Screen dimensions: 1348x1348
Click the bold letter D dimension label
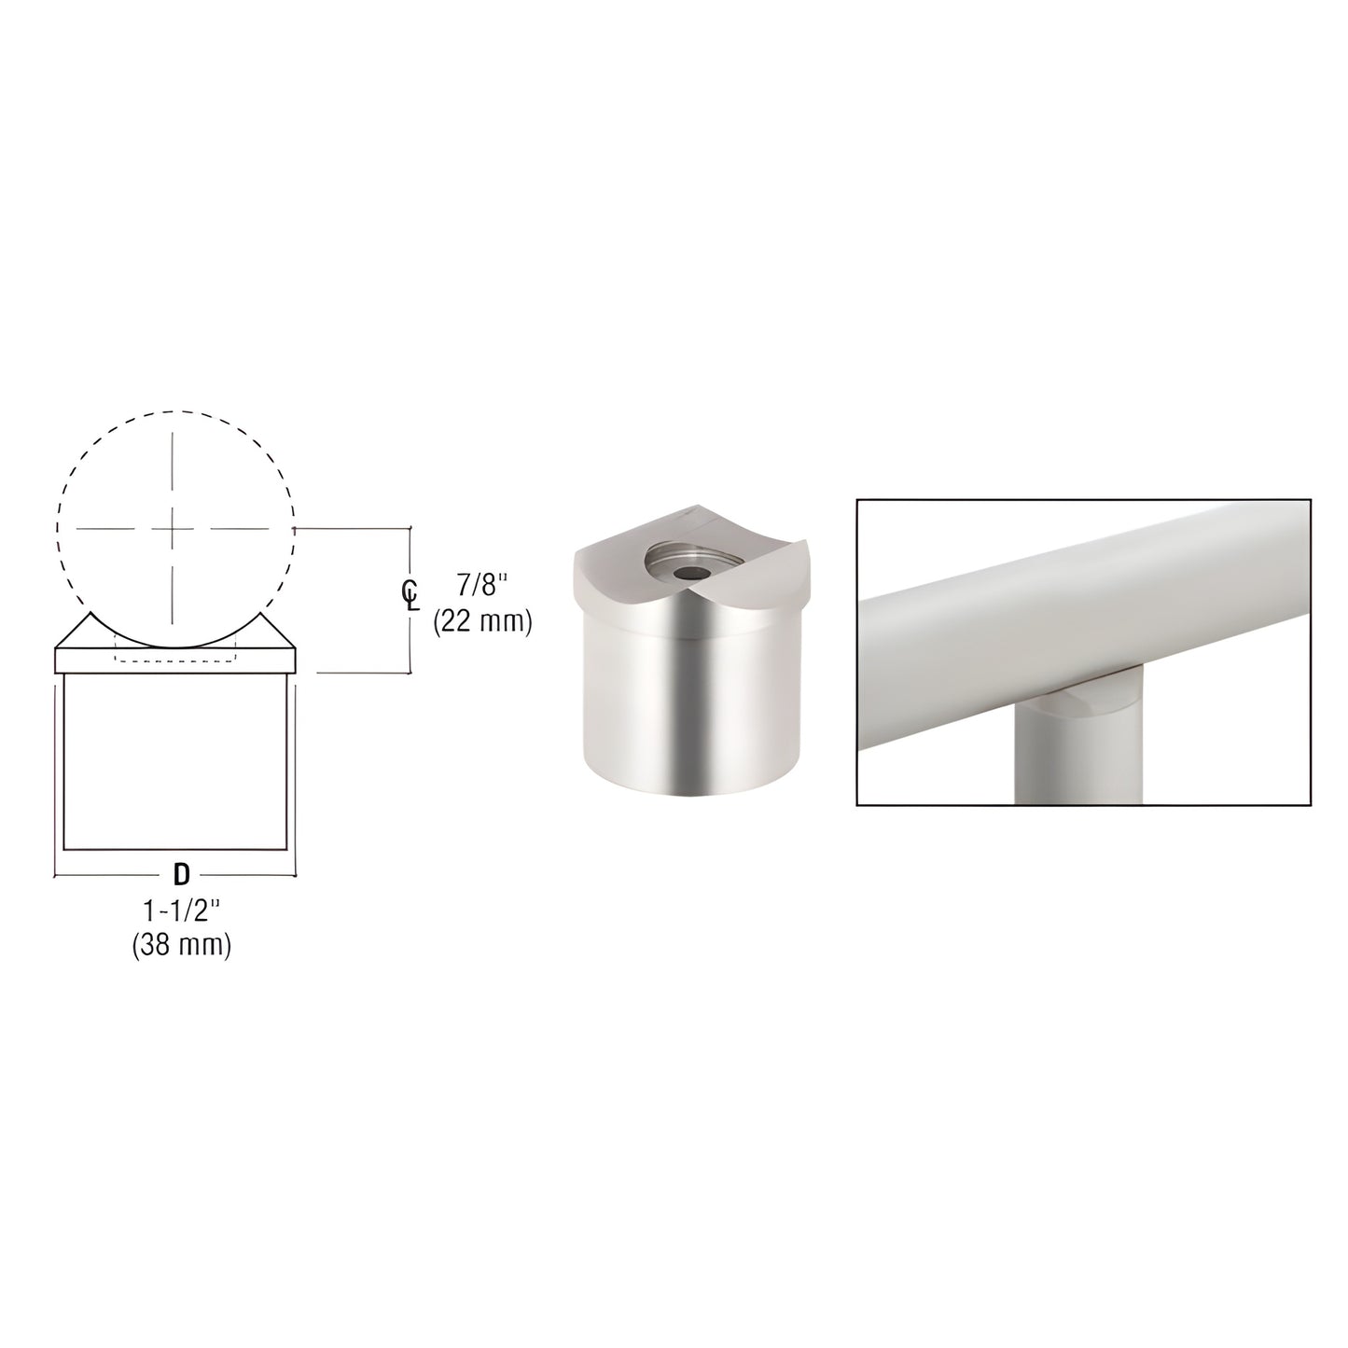pyautogui.click(x=181, y=874)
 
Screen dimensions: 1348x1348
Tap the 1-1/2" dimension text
pyautogui.click(x=182, y=911)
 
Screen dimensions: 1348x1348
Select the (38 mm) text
pyautogui.click(x=181, y=946)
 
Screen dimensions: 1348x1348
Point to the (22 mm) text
pyautogui.click(x=482, y=620)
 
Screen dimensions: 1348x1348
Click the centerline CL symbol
pyautogui.click(x=410, y=595)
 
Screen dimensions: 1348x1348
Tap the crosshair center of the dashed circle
pyautogui.click(x=172, y=529)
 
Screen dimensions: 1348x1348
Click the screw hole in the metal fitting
pyautogui.click(x=690, y=573)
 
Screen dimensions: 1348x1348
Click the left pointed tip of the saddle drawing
pyautogui.click(x=90, y=613)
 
